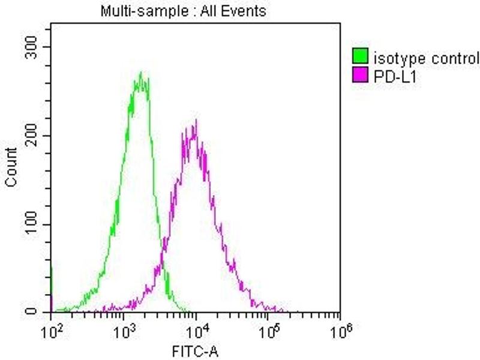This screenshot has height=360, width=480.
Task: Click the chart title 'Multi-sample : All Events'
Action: click(x=183, y=11)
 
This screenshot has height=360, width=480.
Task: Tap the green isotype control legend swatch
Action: click(x=360, y=58)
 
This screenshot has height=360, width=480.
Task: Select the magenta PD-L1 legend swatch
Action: click(x=360, y=75)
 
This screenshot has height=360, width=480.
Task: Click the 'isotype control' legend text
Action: click(x=426, y=58)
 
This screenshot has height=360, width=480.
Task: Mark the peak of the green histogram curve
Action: click(x=140, y=73)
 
